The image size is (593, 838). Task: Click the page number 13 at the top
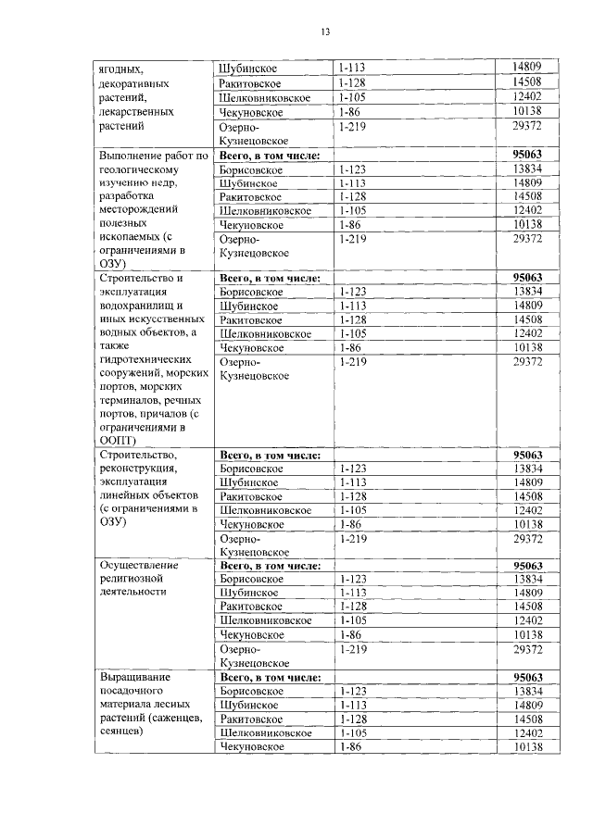point(325,32)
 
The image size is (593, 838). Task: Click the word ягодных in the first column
point(122,68)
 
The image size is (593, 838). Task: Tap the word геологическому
point(144,170)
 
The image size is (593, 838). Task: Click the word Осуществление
point(139,565)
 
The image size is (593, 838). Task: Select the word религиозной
point(134,579)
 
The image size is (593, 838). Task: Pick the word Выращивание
point(135,677)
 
